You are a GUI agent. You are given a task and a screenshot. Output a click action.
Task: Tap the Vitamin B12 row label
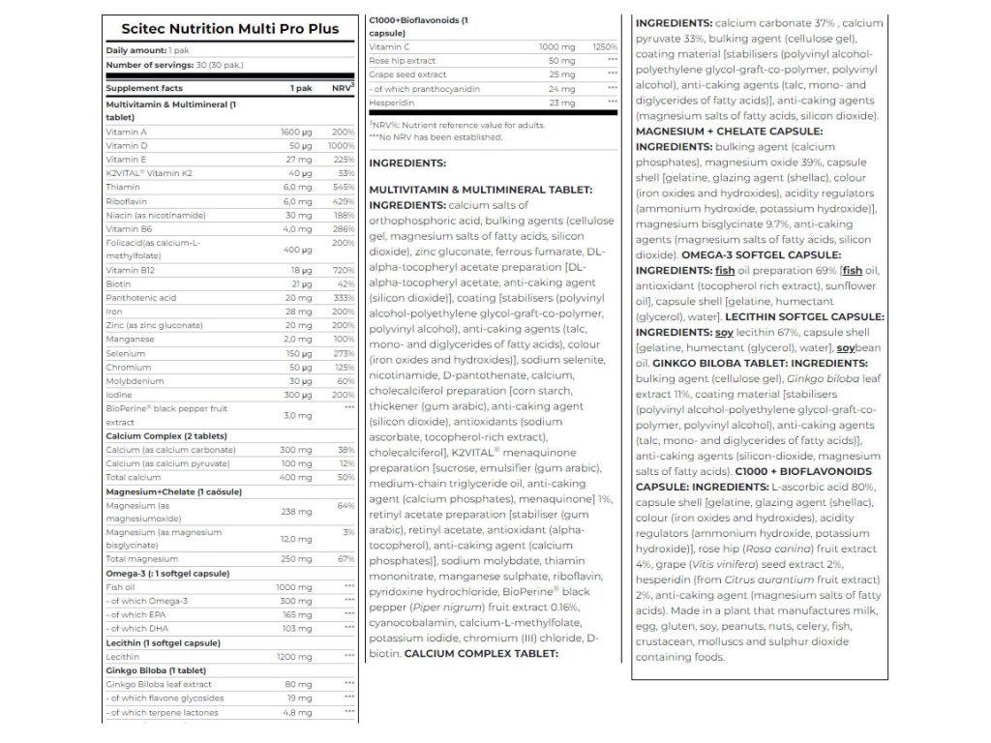(130, 271)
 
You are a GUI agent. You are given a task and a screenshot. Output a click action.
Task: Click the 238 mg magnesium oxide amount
(297, 512)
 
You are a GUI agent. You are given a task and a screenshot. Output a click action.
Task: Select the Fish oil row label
(121, 587)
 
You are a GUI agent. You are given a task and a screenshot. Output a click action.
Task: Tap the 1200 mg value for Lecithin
(294, 656)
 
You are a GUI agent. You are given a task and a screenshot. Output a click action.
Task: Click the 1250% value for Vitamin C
(605, 46)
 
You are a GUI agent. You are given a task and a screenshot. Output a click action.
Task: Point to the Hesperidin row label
(392, 103)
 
